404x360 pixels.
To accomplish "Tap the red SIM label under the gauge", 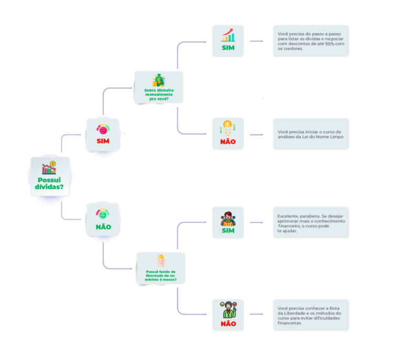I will (103, 141).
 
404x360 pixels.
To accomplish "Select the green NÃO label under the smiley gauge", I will (103, 227).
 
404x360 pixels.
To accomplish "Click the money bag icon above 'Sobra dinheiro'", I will (158, 81).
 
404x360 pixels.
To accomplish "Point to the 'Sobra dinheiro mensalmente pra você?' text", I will (158, 95).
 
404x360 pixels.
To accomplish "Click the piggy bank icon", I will (161, 261).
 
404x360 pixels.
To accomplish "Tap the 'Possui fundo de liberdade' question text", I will (161, 275).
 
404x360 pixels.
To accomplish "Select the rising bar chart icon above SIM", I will (228, 35).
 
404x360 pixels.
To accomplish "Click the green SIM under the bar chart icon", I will (228, 48).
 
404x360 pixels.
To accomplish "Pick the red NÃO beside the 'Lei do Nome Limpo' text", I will (228, 142).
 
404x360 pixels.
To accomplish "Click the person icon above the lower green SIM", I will (228, 218).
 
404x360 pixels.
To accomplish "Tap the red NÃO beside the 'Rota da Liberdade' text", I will (228, 323).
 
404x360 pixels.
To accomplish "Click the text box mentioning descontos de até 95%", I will (310, 41).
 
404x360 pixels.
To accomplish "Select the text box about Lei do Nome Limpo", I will (310, 134).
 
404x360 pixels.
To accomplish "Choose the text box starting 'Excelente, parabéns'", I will (310, 223).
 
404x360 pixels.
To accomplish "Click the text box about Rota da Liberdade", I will (310, 315).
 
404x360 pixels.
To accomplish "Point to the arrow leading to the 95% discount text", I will (256, 41).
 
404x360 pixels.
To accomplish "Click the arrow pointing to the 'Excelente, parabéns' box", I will (256, 223).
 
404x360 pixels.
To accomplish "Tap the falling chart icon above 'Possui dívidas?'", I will (49, 168).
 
